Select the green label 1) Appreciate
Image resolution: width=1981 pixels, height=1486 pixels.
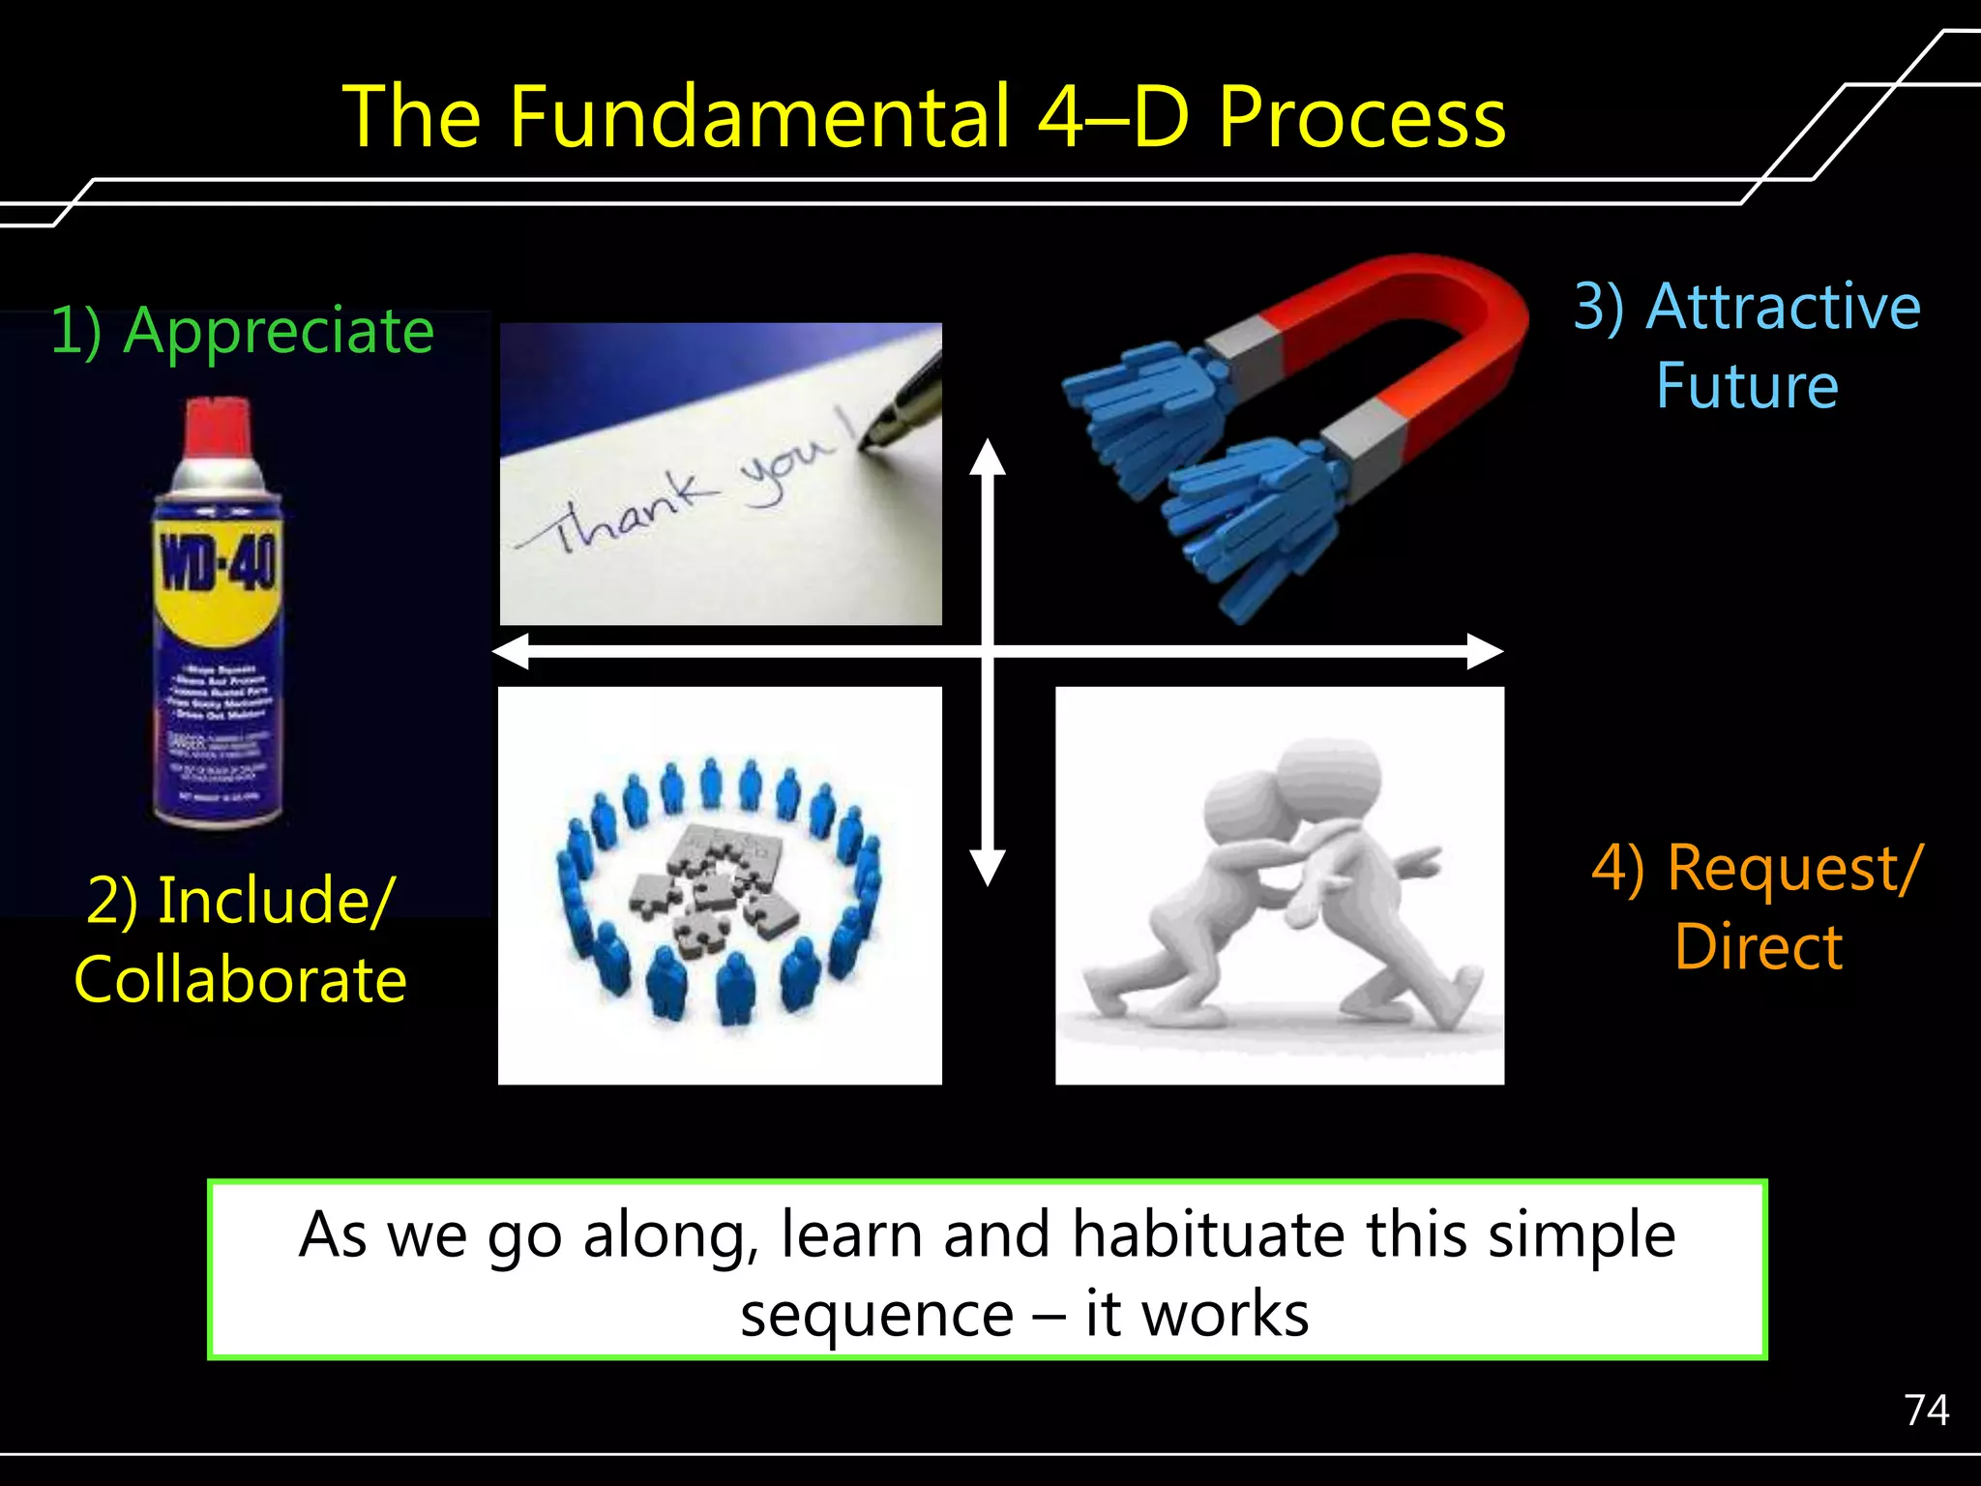coord(242,331)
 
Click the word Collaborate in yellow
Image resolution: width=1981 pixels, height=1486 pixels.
coord(240,979)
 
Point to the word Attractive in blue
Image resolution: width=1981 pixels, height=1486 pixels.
coord(1783,307)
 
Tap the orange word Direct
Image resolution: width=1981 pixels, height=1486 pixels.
coord(1758,946)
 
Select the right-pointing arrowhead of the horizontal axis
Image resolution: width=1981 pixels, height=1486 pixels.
coord(1485,651)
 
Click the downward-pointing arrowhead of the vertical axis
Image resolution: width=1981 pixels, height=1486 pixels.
coord(988,867)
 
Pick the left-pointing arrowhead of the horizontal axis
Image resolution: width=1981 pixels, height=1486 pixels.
coord(511,651)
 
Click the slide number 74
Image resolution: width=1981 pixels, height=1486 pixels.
coord(1926,1410)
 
